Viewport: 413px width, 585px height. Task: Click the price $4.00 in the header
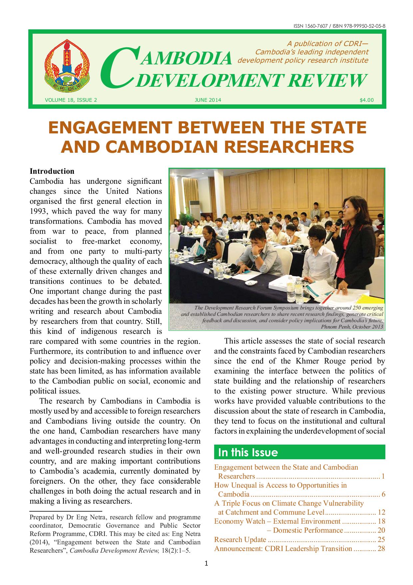click(x=367, y=100)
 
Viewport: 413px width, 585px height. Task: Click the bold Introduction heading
click(x=52, y=171)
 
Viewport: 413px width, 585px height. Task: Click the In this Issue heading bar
click(x=299, y=453)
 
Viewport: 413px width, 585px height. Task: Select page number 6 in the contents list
click(x=383, y=494)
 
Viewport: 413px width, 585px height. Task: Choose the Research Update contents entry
click(x=240, y=540)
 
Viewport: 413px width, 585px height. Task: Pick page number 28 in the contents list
click(x=381, y=549)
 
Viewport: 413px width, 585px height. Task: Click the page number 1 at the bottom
click(x=206, y=564)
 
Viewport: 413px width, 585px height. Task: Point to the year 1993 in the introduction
click(x=39, y=211)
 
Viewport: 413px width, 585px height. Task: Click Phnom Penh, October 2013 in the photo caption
click(x=352, y=327)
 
